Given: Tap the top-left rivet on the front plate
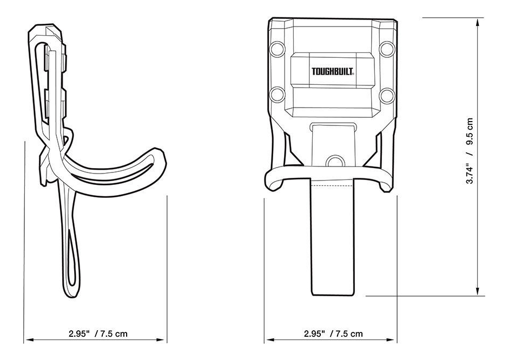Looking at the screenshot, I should point(278,49).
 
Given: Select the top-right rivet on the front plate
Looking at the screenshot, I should point(387,49).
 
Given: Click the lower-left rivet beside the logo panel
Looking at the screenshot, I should point(278,95).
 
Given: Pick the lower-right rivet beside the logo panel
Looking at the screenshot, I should point(387,95).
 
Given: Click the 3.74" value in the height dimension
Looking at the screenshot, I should point(470,174).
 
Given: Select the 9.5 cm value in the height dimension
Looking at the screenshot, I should point(470,132).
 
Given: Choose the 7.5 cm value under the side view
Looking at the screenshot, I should point(114,334).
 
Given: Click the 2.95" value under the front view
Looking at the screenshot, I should point(315,334).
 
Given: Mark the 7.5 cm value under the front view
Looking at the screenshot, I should point(349,334).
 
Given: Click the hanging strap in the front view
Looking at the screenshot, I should point(332,243).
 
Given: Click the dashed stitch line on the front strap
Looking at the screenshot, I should point(332,185).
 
